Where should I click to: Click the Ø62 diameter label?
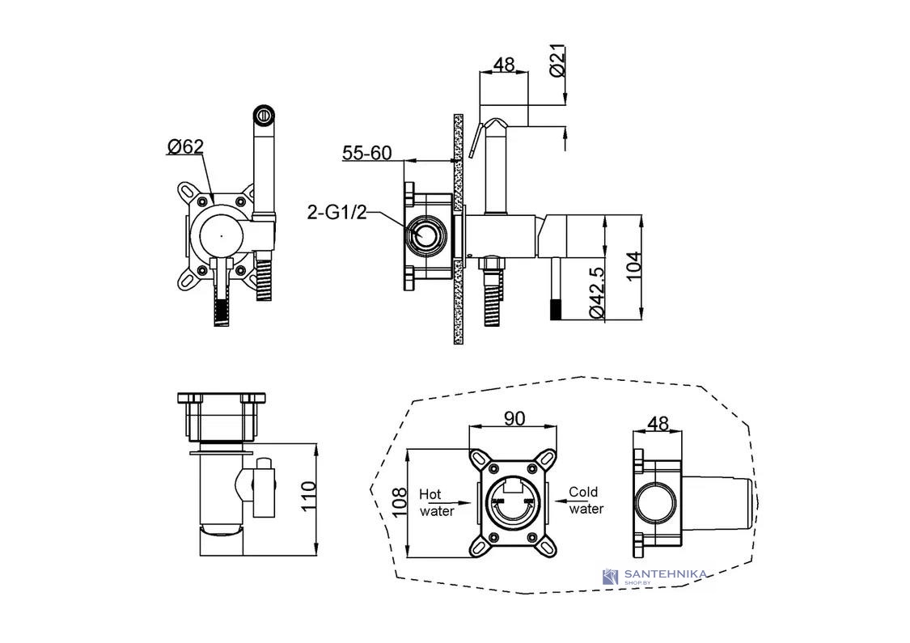tap(185, 147)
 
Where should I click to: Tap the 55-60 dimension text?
tap(366, 153)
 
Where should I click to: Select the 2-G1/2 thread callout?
tap(337, 213)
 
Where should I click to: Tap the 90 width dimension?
tap(514, 418)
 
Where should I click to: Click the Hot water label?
tap(437, 502)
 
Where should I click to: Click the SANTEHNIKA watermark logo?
tap(654, 576)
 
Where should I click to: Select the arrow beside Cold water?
tap(557, 500)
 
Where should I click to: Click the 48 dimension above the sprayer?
tap(503, 65)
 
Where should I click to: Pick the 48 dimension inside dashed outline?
tap(658, 423)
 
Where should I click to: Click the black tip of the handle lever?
tap(556, 309)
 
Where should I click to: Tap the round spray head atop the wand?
tap(264, 114)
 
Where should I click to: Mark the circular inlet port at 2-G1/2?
tap(426, 235)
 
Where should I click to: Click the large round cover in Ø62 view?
tap(221, 236)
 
